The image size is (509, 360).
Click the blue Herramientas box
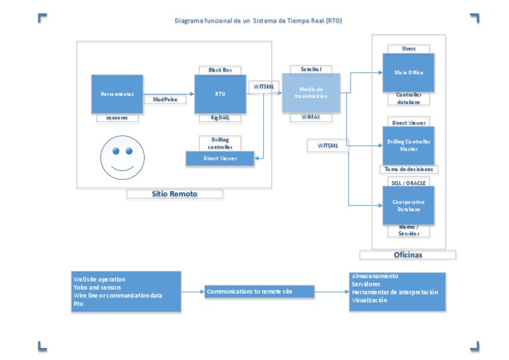click(x=117, y=94)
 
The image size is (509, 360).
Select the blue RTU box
click(x=219, y=94)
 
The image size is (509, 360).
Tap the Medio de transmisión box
click(x=311, y=93)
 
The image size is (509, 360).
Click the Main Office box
click(x=408, y=72)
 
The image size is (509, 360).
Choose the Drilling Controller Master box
click(x=408, y=145)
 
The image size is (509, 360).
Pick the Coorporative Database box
click(x=408, y=206)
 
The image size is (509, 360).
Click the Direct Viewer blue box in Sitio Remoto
click(x=220, y=158)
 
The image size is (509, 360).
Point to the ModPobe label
click(x=165, y=99)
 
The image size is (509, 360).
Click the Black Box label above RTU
click(x=220, y=70)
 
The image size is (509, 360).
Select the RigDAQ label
click(x=220, y=117)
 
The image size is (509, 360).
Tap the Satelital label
click(x=311, y=69)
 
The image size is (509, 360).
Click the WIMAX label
click(x=311, y=117)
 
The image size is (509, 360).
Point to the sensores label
click(x=117, y=118)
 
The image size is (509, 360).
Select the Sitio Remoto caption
click(x=174, y=194)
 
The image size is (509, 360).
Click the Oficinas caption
click(x=408, y=255)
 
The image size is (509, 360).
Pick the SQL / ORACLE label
click(x=408, y=182)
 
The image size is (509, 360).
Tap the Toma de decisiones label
click(x=408, y=169)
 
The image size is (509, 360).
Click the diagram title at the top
click(x=258, y=21)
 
